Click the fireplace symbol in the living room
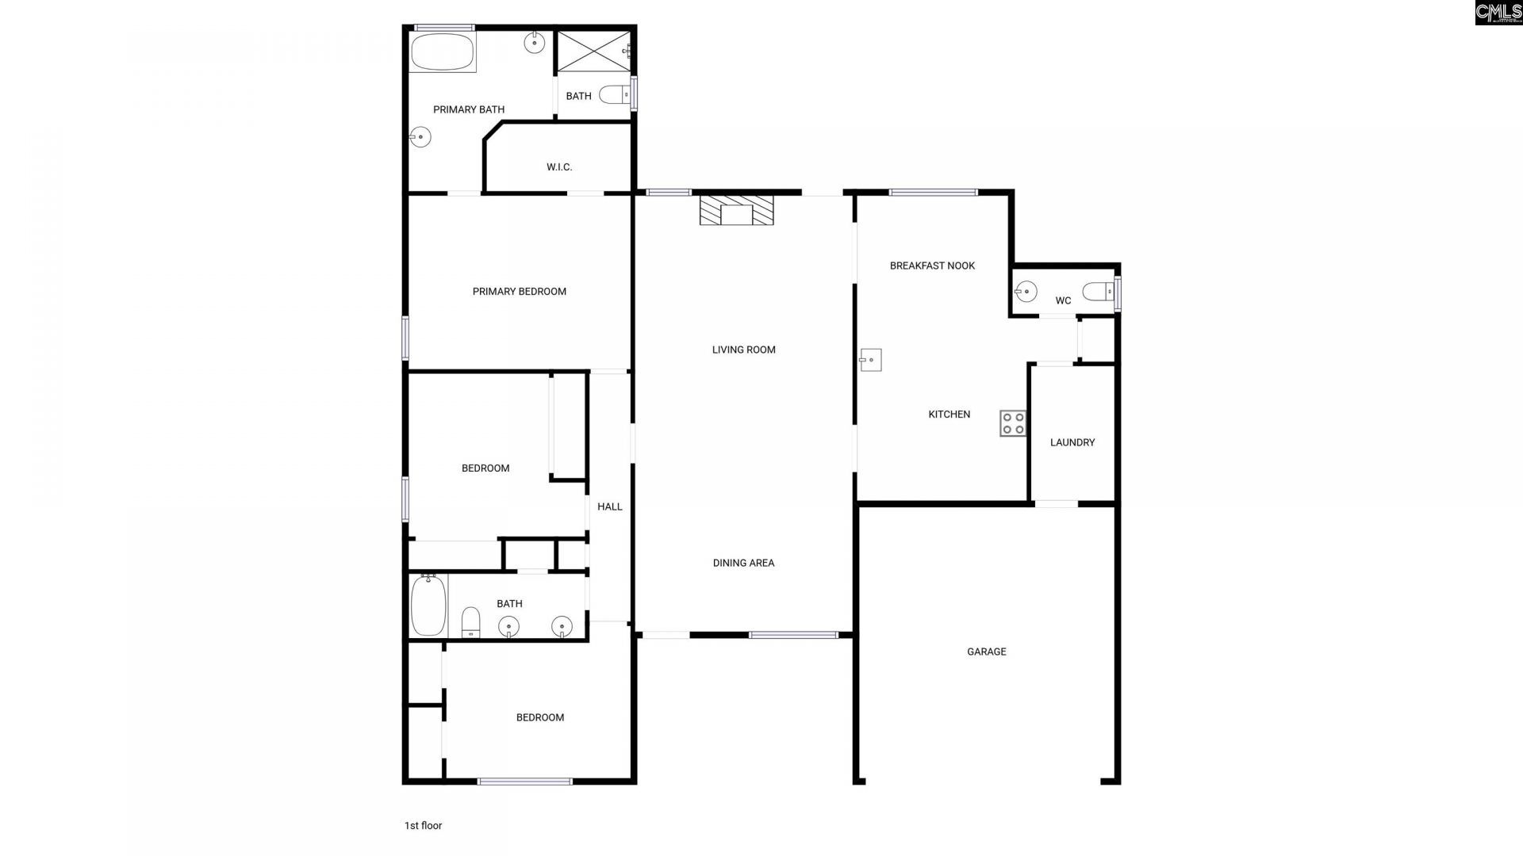pyautogui.click(x=736, y=211)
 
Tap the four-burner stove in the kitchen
pyautogui.click(x=1012, y=423)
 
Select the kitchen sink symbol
pyautogui.click(x=871, y=360)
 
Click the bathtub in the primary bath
pyautogui.click(x=442, y=52)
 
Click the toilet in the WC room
pyautogui.click(x=1099, y=292)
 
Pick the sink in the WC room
pyautogui.click(x=1026, y=292)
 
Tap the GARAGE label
pyautogui.click(x=986, y=652)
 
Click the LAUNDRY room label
pyautogui.click(x=1072, y=442)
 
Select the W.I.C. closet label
pyautogui.click(x=558, y=167)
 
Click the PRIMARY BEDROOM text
pyautogui.click(x=519, y=292)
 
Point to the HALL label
pyautogui.click(x=609, y=506)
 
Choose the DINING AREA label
pyautogui.click(x=743, y=563)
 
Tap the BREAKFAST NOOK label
pyautogui.click(x=932, y=266)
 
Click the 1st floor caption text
pyautogui.click(x=423, y=825)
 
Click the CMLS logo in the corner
pyautogui.click(x=1498, y=12)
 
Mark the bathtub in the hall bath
pyautogui.click(x=428, y=606)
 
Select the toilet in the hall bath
pyautogui.click(x=470, y=622)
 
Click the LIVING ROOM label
pyautogui.click(x=743, y=350)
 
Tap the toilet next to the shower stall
pyautogui.click(x=613, y=95)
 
